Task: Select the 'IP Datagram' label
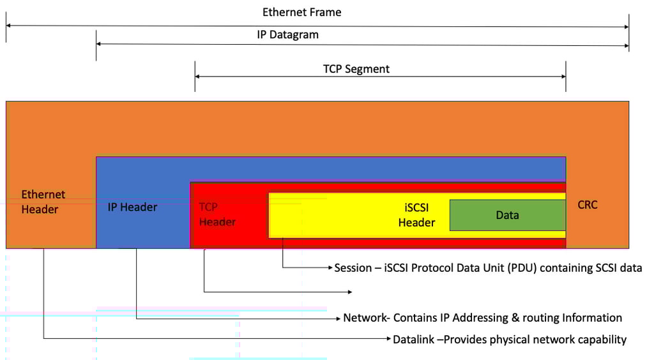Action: [287, 34]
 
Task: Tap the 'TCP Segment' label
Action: [356, 68]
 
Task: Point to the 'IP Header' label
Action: [132, 207]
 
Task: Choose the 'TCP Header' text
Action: [217, 214]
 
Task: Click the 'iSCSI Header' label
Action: [416, 215]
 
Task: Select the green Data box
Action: [507, 215]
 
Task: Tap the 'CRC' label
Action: [587, 205]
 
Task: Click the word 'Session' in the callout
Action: [353, 268]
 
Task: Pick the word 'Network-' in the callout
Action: [367, 318]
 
